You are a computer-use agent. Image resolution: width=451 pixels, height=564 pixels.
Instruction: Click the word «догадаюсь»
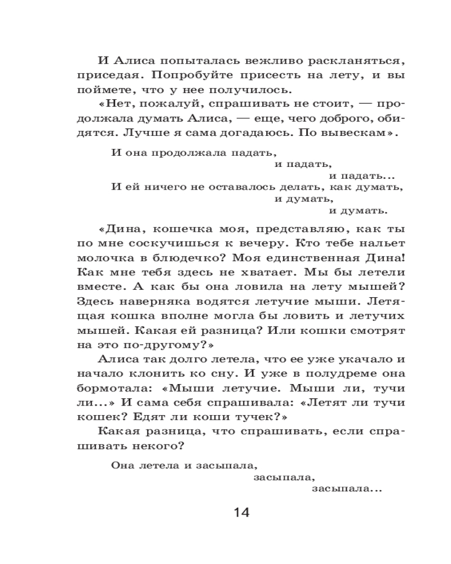(265, 134)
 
